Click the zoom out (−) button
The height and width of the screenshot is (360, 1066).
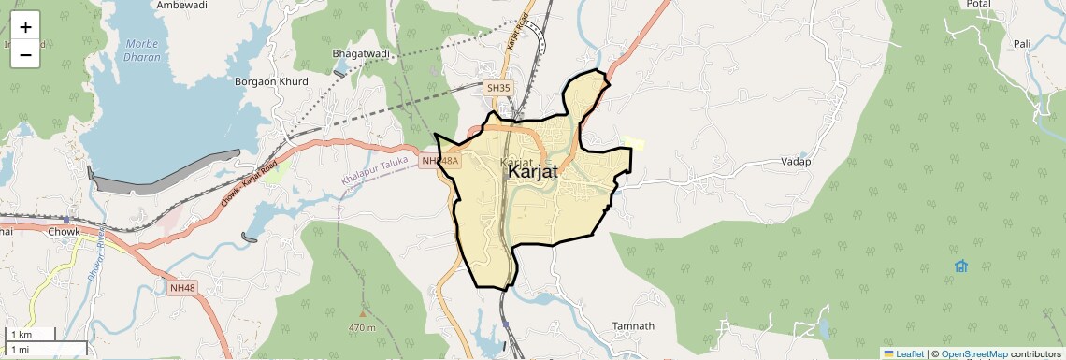pos(25,55)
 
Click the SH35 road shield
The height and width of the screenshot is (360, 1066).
pos(498,88)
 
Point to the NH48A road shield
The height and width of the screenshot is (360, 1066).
pos(440,162)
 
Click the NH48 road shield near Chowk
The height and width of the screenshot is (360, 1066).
pos(183,288)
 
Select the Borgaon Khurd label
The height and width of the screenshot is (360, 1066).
pos(271,81)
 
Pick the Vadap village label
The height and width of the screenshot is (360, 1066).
pos(795,162)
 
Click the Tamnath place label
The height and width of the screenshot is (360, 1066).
pos(633,326)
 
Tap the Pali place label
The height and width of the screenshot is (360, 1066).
pos(1022,44)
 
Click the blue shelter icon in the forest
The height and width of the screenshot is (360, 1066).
pos(961,266)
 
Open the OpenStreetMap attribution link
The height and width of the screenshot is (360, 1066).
pos(973,353)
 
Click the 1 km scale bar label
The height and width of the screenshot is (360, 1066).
pos(21,335)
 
